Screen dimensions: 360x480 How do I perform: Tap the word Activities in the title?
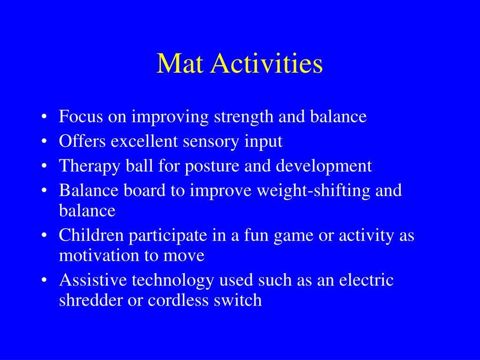click(266, 64)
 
